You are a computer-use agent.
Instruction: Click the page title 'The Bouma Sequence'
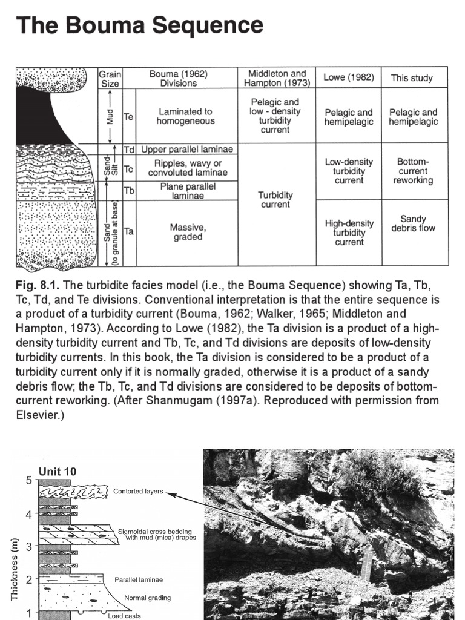139,25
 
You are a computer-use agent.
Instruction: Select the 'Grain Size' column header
110,79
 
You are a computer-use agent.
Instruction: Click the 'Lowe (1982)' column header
348,77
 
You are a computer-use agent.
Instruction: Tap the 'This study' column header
411,77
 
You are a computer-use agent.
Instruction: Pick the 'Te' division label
128,116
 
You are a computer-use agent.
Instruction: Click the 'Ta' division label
128,231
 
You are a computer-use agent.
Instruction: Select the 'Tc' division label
128,168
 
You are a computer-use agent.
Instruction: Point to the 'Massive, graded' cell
188,232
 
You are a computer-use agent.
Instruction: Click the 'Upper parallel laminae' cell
187,149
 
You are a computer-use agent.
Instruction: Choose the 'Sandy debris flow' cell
413,223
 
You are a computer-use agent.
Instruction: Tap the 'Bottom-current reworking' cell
413,171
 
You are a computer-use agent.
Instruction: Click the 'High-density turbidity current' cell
349,232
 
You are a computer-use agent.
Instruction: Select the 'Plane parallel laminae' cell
187,191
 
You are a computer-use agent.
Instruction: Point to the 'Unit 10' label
58,472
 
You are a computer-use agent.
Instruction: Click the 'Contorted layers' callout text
138,491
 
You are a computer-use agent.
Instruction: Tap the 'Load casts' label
125,616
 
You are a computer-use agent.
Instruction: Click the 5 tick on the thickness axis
29,481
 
